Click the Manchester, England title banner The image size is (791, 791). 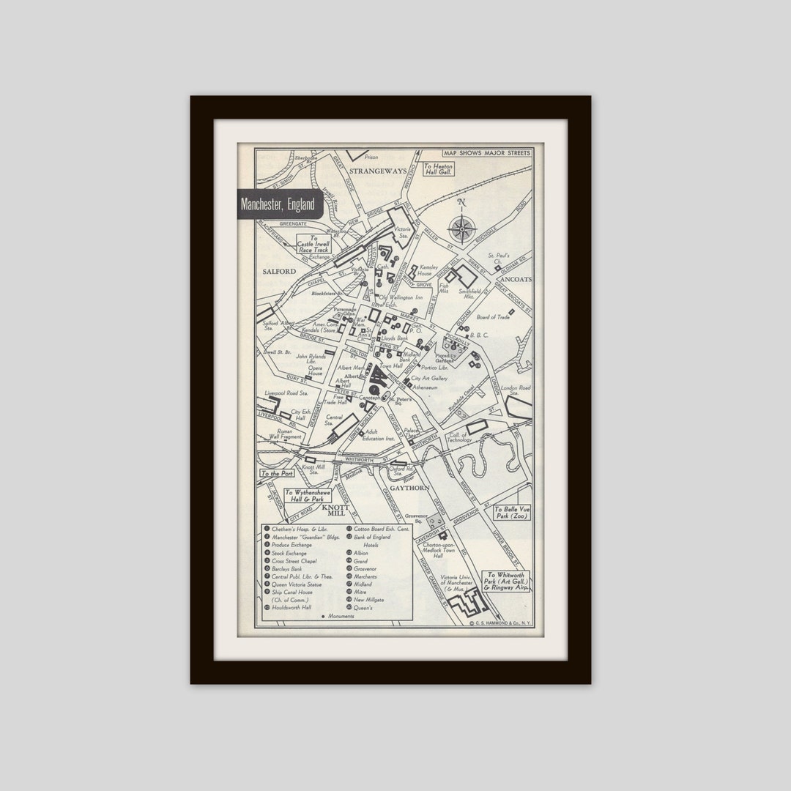pyautogui.click(x=279, y=204)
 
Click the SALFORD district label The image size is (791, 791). pyautogui.click(x=278, y=271)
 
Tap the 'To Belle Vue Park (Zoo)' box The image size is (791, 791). pyautogui.click(x=511, y=513)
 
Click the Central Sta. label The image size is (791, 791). pyautogui.click(x=334, y=419)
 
